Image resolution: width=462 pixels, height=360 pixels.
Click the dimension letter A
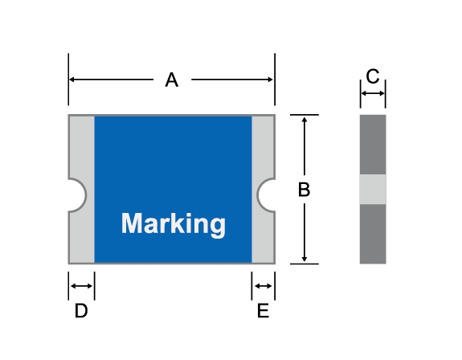172,80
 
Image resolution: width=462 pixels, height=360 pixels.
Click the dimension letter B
304,190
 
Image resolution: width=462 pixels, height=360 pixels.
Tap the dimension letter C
373,76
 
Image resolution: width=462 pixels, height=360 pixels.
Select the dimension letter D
81,310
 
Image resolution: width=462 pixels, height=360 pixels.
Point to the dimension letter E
263,310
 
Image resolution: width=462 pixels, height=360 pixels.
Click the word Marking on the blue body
174,224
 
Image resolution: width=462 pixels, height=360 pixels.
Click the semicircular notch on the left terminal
77,195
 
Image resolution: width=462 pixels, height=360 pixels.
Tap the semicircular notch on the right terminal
266,195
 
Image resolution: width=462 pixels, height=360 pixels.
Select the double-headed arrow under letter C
373,93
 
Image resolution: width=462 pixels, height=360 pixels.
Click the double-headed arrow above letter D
82,286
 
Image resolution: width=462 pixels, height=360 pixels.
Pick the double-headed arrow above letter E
264,286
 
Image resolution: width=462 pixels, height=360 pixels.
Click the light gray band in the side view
373,189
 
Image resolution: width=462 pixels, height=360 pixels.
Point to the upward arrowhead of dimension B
305,119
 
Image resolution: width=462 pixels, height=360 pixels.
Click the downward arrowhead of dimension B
305,259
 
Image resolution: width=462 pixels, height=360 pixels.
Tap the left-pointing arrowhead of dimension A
72,80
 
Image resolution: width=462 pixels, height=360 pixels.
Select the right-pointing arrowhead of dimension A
269,80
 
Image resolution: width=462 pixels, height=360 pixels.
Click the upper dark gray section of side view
373,145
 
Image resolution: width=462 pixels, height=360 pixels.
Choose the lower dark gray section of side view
373,234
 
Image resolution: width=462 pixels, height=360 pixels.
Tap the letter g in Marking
219,227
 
